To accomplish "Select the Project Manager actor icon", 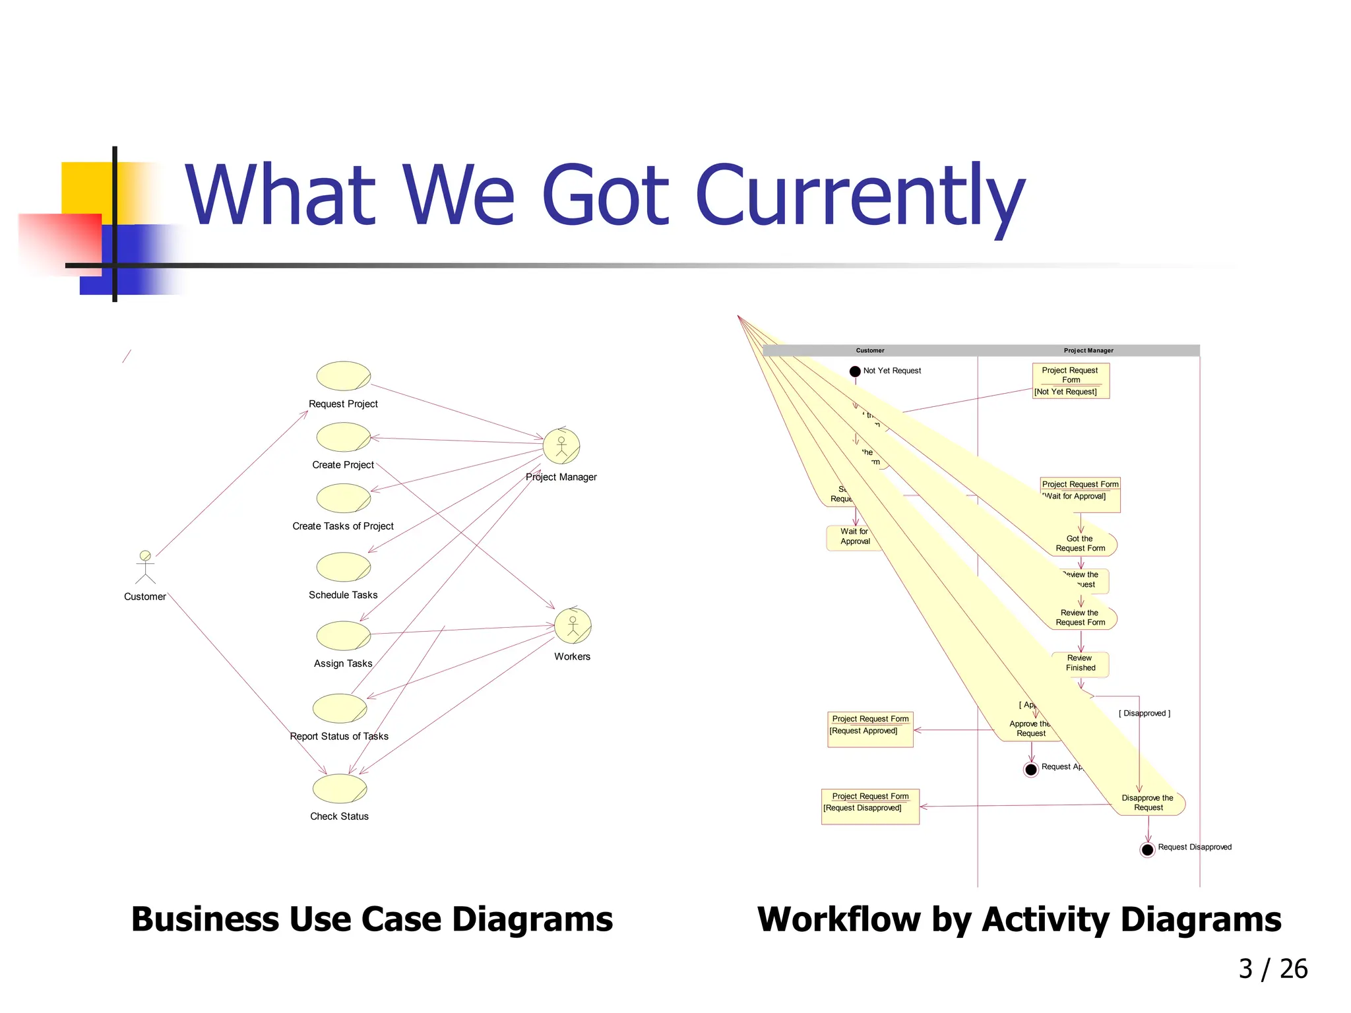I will [x=561, y=446].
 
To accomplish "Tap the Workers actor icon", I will [x=573, y=626].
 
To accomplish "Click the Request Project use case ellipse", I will [x=344, y=376].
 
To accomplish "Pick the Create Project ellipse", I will [x=344, y=437].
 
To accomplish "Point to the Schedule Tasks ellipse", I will [x=344, y=567].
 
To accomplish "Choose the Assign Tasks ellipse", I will [x=344, y=636].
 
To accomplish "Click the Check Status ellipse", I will [x=340, y=789].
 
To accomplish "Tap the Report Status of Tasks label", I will [x=339, y=736].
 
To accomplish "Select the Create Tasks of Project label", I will [x=343, y=526].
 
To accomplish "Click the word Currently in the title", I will [x=860, y=195].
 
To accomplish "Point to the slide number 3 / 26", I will [x=1272, y=969].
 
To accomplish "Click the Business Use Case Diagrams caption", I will [x=372, y=919].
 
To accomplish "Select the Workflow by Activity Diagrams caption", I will [x=1019, y=919].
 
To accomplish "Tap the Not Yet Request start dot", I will [x=855, y=371].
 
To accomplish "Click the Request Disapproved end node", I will [x=1147, y=849].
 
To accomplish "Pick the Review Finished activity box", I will [x=1081, y=663].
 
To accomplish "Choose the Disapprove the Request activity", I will [x=1148, y=803].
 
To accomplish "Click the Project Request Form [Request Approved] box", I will [x=870, y=729].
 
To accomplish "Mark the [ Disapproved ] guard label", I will [x=1145, y=714].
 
